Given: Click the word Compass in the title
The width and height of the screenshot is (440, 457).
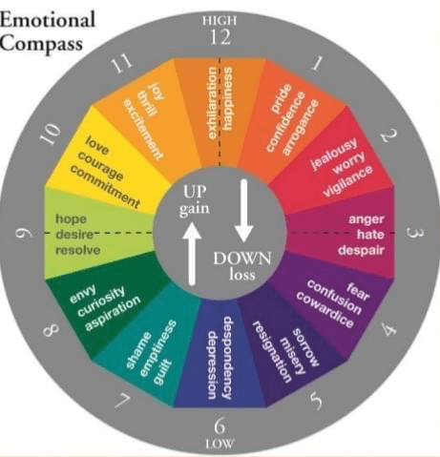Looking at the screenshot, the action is coord(41,44).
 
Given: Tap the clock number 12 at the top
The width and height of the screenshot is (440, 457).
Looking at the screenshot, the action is coord(220,37).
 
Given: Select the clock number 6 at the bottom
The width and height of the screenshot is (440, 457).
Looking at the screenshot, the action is coord(220,426).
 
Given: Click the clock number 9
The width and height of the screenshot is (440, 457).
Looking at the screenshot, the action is coord(24,234).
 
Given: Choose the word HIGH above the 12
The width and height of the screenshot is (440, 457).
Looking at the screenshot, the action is coord(220,21).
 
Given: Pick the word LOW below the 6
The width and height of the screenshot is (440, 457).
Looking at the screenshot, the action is coord(220,444).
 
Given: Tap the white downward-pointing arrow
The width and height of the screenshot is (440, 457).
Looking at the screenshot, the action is coord(243,211).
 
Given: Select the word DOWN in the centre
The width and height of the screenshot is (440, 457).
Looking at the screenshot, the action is coord(242,259).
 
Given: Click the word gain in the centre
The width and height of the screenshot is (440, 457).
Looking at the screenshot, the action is coord(194,209).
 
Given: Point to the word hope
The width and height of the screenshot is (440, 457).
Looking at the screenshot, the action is coord(71,219).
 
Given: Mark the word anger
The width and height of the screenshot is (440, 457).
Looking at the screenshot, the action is coord(367,219).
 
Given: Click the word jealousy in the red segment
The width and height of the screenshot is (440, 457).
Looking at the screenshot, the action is coord(334,155).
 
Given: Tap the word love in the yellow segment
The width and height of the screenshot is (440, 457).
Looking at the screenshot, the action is coord(97,145).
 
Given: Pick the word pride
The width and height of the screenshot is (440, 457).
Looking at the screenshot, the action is coord(282,98).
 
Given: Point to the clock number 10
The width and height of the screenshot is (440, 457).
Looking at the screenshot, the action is coord(51,133).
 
